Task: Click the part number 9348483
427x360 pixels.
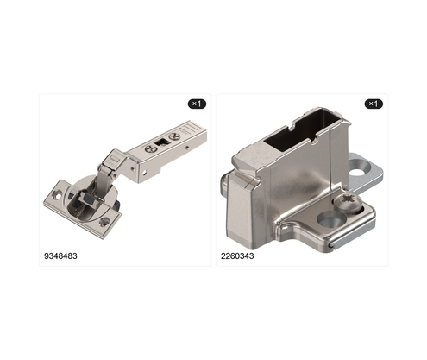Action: click(60, 256)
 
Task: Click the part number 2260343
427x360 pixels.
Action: click(237, 256)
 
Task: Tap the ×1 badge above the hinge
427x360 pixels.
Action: click(197, 104)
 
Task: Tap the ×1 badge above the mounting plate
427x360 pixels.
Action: click(374, 104)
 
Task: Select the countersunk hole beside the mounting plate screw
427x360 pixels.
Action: click(331, 218)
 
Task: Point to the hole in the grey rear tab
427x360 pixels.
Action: click(357, 173)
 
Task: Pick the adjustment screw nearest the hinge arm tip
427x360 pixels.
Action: click(174, 137)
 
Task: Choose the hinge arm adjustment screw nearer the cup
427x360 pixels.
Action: click(151, 149)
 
